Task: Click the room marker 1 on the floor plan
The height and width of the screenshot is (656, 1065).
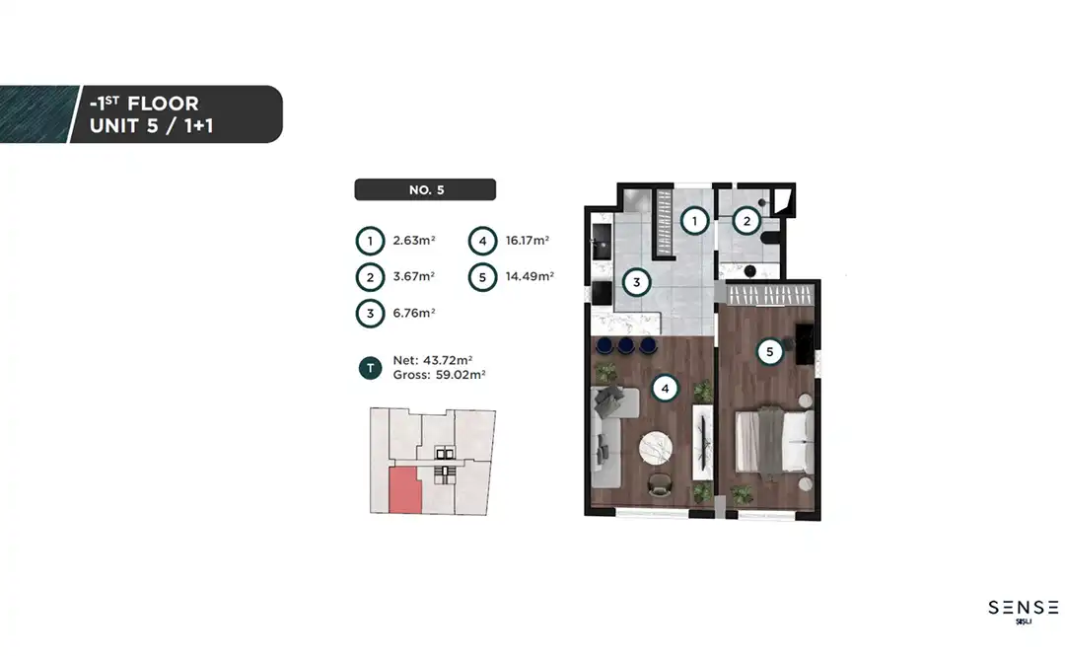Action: (694, 221)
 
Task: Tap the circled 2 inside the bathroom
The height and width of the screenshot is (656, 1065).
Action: (746, 221)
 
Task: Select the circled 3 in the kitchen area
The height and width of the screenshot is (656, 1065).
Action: (636, 282)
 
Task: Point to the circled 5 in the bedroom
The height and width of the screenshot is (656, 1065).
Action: (769, 351)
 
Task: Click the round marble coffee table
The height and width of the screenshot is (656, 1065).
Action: (656, 448)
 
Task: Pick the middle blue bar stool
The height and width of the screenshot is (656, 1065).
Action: (625, 345)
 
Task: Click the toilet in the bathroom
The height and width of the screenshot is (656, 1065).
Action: (770, 238)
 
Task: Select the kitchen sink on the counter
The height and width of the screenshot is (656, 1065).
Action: (602, 242)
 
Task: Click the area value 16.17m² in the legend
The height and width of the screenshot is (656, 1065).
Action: (528, 240)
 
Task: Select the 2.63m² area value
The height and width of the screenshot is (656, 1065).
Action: (414, 240)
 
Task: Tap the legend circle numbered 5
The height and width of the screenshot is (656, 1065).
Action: (483, 277)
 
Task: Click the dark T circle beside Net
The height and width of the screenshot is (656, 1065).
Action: (370, 368)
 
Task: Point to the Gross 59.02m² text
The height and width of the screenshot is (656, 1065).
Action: (439, 375)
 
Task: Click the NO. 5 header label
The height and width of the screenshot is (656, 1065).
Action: (425, 189)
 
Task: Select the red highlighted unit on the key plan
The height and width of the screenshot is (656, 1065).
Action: (405, 490)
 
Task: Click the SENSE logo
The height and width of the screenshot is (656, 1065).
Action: (1023, 611)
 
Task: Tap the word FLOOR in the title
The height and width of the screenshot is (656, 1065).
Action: (163, 104)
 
